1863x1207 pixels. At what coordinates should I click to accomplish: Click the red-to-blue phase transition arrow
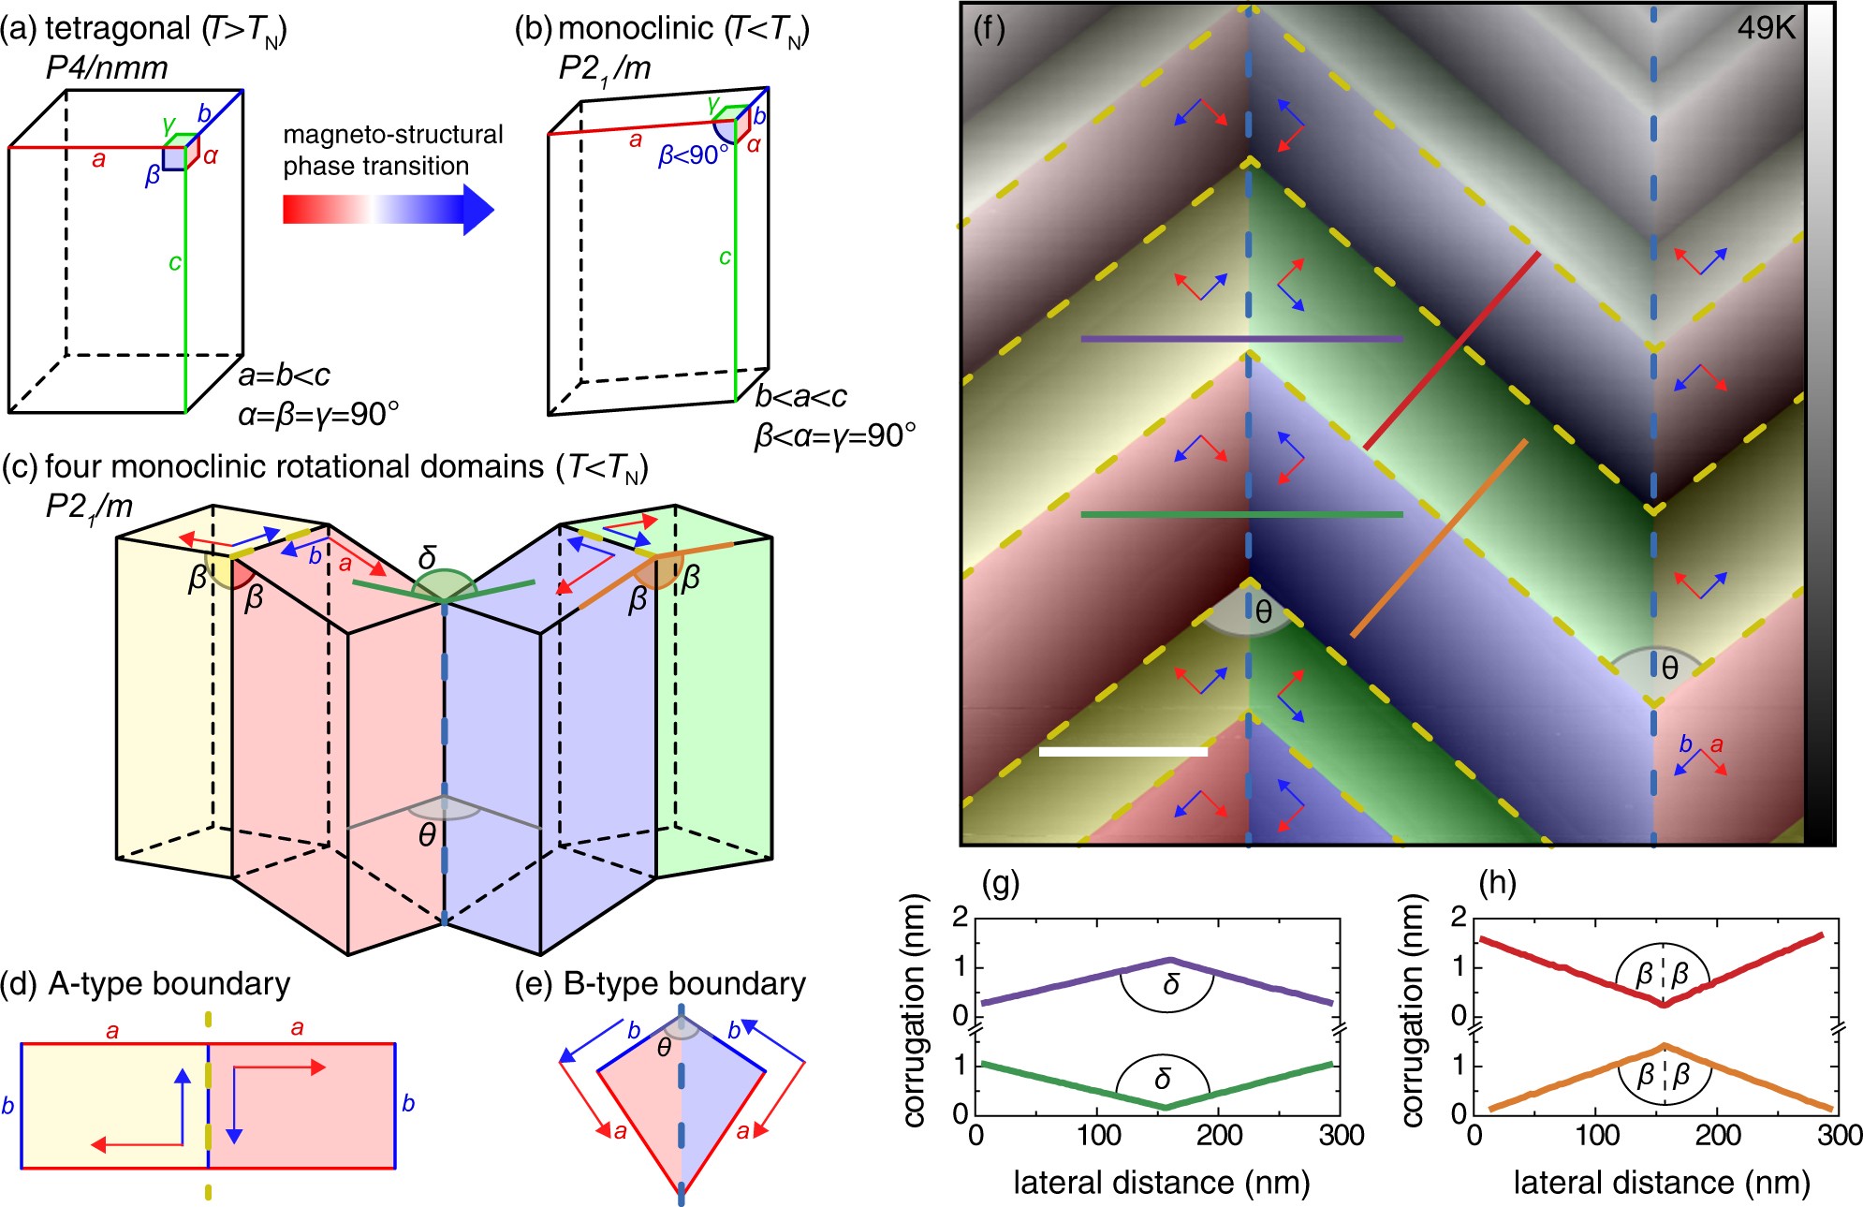[388, 209]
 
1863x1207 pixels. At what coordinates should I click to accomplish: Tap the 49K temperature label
[1766, 28]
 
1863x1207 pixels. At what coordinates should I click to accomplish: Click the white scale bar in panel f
[1122, 751]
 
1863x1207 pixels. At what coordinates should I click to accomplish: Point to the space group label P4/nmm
[107, 67]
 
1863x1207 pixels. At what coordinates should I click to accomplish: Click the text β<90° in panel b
[693, 155]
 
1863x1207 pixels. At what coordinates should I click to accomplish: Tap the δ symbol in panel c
[428, 558]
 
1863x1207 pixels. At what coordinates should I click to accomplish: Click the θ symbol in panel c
[427, 834]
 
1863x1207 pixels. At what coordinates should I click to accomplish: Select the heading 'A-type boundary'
[169, 984]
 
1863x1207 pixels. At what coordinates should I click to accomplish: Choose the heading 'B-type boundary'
[684, 984]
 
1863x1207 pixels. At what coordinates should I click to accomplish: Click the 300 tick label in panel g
[1341, 1136]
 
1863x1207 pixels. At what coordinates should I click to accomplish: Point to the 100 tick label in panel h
[1597, 1136]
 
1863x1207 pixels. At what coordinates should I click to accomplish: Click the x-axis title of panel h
[1661, 1184]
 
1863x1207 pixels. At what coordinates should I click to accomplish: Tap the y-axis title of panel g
[916, 1010]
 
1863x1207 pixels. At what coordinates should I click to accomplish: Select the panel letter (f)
[989, 28]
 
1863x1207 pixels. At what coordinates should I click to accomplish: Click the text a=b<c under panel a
[284, 375]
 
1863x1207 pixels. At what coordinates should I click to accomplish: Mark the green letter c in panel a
[174, 262]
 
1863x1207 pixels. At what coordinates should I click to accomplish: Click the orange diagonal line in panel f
[1439, 538]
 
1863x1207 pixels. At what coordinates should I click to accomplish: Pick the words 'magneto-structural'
[393, 135]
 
